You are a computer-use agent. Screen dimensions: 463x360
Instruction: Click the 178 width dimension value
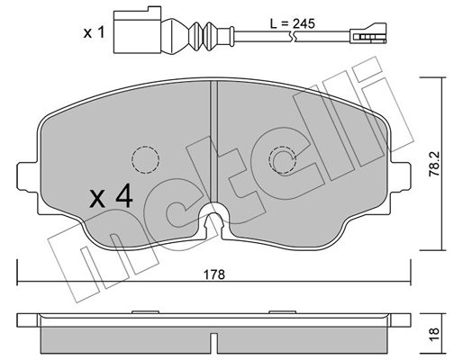coord(214,274)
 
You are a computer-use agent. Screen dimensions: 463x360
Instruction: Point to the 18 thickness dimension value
coord(434,334)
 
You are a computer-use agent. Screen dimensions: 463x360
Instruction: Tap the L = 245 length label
coord(292,23)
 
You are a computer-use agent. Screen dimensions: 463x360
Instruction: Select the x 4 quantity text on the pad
coord(111,196)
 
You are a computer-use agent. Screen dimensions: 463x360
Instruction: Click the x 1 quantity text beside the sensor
coord(94,32)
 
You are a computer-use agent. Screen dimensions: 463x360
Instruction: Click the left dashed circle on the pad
coord(146,160)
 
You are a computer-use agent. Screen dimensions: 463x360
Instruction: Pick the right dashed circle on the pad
coord(283,160)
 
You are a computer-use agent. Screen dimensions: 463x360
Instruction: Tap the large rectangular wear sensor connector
coord(138,30)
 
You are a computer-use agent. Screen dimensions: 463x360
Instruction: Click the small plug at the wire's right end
coord(368,33)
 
